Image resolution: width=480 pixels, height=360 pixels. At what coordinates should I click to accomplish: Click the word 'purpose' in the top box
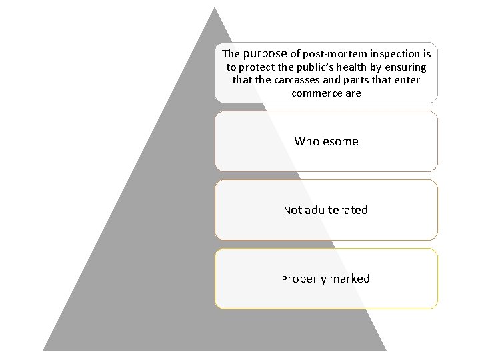tap(265, 53)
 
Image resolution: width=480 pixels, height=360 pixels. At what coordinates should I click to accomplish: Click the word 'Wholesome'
tap(326, 141)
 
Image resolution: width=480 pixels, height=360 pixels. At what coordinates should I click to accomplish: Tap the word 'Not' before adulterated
tap(293, 211)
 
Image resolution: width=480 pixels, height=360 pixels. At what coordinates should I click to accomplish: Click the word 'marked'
tap(349, 279)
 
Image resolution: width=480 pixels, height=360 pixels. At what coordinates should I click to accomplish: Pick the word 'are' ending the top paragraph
tap(353, 93)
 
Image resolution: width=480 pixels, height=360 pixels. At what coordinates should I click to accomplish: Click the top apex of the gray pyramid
tap(215, 8)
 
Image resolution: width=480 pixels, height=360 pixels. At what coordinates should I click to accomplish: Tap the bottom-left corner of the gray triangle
tap(44, 350)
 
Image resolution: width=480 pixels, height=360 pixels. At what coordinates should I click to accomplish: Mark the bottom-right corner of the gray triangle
tap(386, 350)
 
